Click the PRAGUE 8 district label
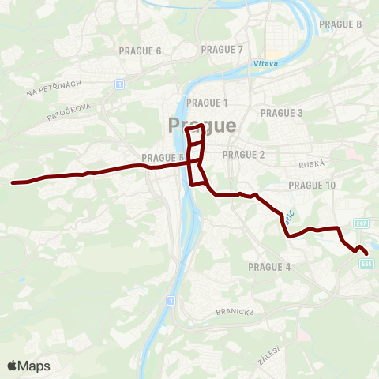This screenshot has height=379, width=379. (x=340, y=24)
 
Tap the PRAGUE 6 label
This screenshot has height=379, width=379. (x=140, y=51)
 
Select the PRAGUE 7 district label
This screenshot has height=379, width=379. (x=222, y=49)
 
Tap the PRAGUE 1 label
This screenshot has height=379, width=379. (x=207, y=103)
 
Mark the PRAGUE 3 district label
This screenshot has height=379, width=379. (x=282, y=113)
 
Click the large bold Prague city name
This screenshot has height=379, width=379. (x=201, y=126)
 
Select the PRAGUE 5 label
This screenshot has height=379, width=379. (x=163, y=157)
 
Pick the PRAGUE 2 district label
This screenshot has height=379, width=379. (x=243, y=154)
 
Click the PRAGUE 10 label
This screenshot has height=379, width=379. (x=312, y=185)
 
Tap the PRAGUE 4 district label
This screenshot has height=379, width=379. (x=269, y=267)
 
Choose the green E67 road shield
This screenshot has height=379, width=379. (x=362, y=224)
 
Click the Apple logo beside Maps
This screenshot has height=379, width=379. (x=13, y=366)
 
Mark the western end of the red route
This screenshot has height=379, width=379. (x=13, y=182)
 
